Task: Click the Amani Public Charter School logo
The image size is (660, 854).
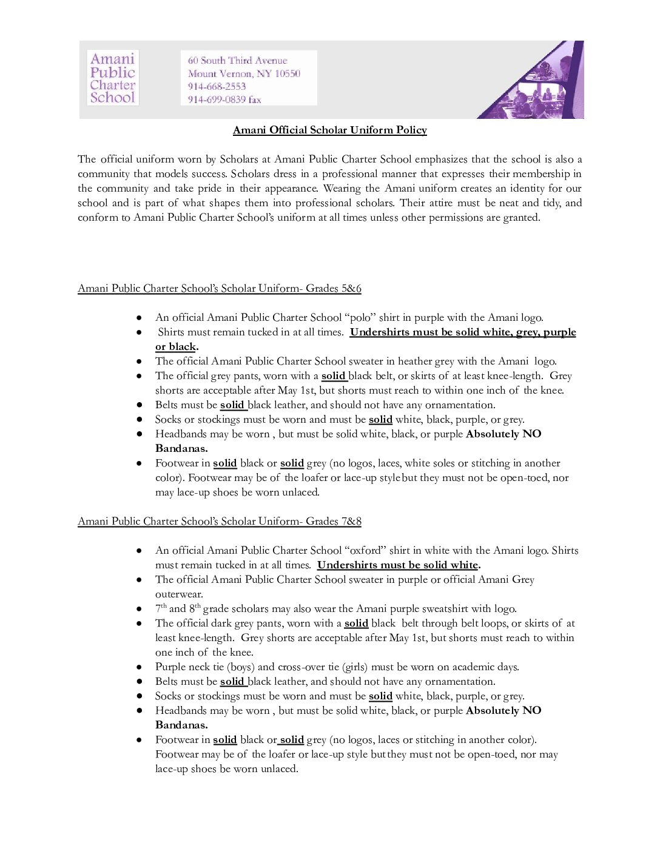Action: pyautogui.click(x=113, y=78)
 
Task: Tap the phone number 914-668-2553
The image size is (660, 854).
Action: pyautogui.click(x=217, y=86)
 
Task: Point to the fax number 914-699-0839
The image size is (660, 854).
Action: pyautogui.click(x=217, y=99)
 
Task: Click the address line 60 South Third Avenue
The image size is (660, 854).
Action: pyautogui.click(x=237, y=60)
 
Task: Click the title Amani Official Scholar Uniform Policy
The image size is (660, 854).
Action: pyautogui.click(x=329, y=130)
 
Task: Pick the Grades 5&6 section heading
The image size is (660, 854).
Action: pyautogui.click(x=220, y=288)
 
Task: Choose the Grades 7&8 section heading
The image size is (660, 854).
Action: pyautogui.click(x=220, y=521)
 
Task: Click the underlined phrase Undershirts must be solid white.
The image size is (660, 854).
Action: pyautogui.click(x=398, y=565)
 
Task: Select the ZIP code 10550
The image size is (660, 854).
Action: pyautogui.click(x=288, y=73)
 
